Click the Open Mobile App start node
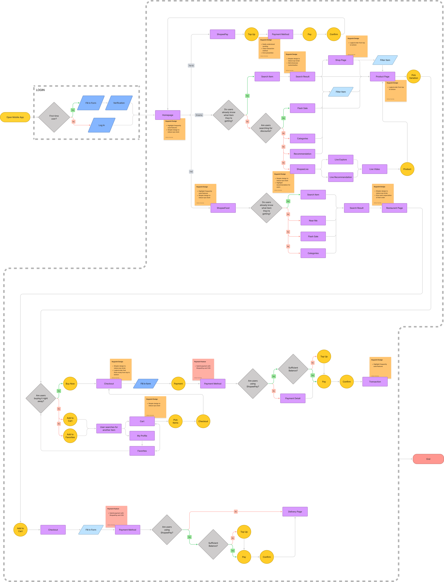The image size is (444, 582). coord(15,117)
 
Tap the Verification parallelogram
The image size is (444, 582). coord(119,103)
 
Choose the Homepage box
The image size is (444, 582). coord(168,115)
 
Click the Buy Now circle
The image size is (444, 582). coord(70,384)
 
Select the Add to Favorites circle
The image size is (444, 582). coord(70,436)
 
